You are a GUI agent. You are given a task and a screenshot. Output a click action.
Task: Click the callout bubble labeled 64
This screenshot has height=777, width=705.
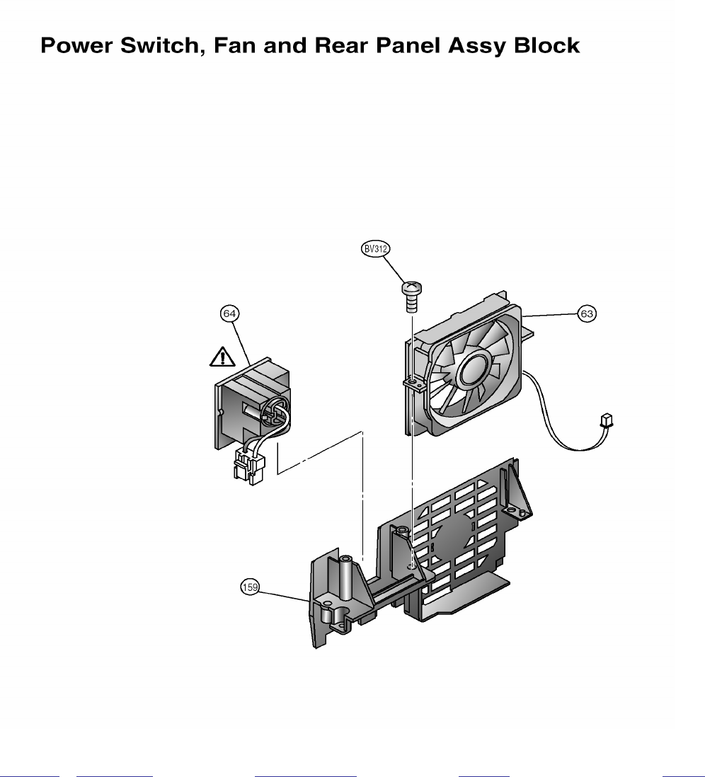pos(230,312)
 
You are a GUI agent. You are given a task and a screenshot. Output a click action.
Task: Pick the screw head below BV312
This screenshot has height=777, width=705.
pos(411,288)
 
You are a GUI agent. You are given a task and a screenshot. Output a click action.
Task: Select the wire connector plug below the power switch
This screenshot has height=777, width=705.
pos(247,465)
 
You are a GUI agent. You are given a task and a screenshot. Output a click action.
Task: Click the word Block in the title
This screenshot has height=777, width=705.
pos(546,47)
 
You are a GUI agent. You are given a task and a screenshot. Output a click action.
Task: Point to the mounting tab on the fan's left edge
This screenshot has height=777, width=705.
pos(413,384)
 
